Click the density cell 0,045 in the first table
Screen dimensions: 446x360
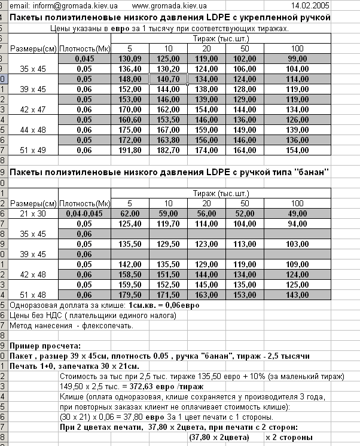[x=84, y=59]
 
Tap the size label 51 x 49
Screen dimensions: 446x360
[x=33, y=150]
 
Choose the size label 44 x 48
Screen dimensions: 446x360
[x=33, y=130]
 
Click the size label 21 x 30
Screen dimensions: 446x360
[x=33, y=213]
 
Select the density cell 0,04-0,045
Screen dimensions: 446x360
[x=84, y=213]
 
